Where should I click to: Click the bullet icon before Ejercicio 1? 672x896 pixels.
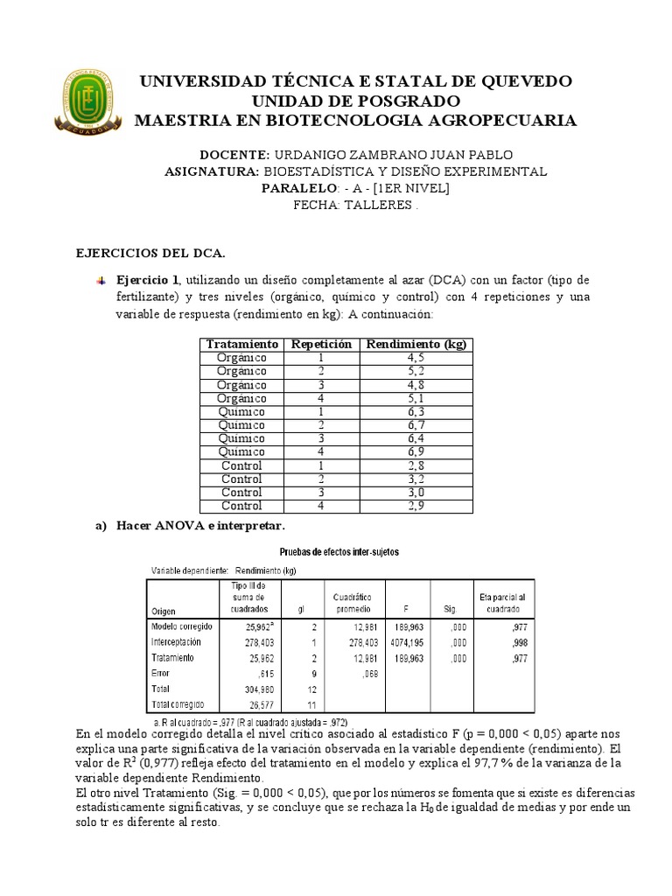click(101, 281)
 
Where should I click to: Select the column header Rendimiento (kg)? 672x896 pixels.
click(416, 345)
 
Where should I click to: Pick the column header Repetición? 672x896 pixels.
click(321, 345)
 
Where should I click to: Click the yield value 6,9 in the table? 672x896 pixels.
click(416, 452)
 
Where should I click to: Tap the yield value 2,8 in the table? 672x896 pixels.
click(416, 465)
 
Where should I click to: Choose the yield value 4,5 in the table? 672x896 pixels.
click(416, 358)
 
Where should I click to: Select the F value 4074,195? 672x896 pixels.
click(403, 642)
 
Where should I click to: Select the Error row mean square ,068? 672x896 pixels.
click(346, 673)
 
